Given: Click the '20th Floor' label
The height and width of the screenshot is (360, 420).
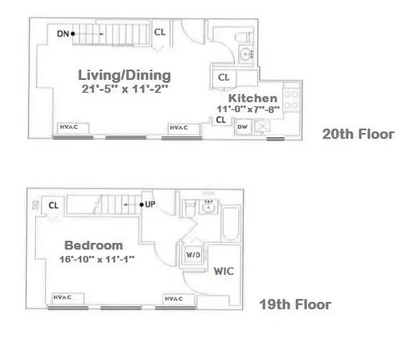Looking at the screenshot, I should [x=358, y=134].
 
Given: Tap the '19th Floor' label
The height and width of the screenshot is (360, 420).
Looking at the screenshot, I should [x=295, y=305].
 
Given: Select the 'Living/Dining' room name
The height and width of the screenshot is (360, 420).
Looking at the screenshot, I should [x=125, y=75].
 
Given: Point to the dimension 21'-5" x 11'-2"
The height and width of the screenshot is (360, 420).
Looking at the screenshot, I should [x=125, y=89].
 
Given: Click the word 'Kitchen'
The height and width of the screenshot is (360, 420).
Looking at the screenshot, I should [x=253, y=98].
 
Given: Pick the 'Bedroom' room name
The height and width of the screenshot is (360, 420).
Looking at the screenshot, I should [x=94, y=245].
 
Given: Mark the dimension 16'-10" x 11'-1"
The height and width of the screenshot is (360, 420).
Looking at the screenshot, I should [x=97, y=259].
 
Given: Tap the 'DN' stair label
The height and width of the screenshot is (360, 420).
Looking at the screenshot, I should [x=63, y=33].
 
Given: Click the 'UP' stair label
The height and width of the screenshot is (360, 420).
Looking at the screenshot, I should [x=150, y=205].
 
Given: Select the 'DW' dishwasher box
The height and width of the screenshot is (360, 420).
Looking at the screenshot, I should [x=242, y=127].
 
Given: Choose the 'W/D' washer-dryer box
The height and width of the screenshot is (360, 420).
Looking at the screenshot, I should [x=193, y=255].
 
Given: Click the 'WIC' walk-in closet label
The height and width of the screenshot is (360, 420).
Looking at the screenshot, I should [x=223, y=271].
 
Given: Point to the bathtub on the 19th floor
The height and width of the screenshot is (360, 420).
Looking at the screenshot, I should [x=232, y=223].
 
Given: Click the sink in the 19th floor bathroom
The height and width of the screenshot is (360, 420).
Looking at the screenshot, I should [x=208, y=207].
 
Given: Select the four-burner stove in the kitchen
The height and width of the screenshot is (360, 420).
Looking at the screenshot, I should [x=291, y=100].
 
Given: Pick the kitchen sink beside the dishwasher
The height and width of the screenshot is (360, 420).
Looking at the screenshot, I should [x=261, y=127].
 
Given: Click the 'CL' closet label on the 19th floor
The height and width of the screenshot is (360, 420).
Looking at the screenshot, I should [x=54, y=206].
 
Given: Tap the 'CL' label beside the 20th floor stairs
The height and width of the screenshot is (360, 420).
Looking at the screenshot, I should [x=160, y=32].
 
